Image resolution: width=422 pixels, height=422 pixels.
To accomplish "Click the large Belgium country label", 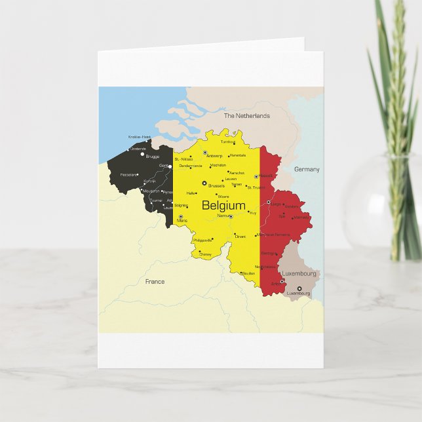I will click(223, 205).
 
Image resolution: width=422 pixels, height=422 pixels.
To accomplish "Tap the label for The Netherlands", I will click(246, 116).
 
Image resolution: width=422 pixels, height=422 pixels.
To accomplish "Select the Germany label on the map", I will click(307, 169).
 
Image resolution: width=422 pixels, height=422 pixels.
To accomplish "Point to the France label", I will click(155, 281).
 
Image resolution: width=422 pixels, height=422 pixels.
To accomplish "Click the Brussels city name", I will click(216, 185).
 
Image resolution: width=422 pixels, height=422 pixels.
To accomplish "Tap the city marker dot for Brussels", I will click(204, 183).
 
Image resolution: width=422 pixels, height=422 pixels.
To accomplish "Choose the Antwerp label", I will click(214, 156).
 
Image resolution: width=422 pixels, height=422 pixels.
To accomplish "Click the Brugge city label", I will click(152, 157).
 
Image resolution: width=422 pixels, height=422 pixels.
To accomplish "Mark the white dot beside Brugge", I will click(143, 154).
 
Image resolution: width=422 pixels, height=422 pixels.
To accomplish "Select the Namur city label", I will click(223, 215).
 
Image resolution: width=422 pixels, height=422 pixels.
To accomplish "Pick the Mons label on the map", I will click(182, 221).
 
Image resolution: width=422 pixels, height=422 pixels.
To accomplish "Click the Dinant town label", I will click(240, 237).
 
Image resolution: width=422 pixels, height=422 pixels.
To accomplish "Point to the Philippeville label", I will click(203, 240).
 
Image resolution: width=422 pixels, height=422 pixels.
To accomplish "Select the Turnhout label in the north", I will click(227, 142).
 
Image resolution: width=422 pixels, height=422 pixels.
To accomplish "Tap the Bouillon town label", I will click(248, 273).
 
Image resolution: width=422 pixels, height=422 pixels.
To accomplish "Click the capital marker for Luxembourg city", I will click(299, 288).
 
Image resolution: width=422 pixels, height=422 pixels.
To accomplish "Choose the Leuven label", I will click(231, 178).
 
